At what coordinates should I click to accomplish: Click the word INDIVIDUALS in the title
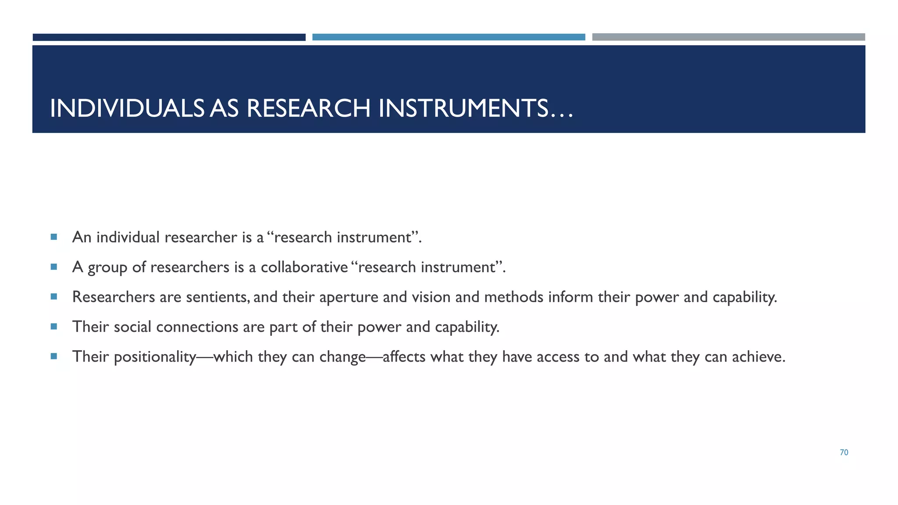pyautogui.click(x=127, y=108)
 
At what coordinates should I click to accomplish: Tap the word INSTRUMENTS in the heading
pyautogui.click(x=463, y=108)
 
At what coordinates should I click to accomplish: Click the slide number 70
pyautogui.click(x=844, y=452)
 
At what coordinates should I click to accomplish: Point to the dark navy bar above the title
pyautogui.click(x=169, y=37)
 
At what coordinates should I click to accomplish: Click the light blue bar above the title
pyautogui.click(x=449, y=37)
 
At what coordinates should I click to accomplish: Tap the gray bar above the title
pyautogui.click(x=728, y=37)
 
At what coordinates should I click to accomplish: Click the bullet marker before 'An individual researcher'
pyautogui.click(x=54, y=237)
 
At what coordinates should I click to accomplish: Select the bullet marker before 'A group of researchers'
pyautogui.click(x=54, y=267)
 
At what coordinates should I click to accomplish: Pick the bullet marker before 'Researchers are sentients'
pyautogui.click(x=54, y=297)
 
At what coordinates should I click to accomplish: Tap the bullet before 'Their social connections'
pyautogui.click(x=54, y=327)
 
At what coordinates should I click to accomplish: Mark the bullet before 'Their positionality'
pyautogui.click(x=54, y=356)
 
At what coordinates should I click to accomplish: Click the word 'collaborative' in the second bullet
pyautogui.click(x=304, y=267)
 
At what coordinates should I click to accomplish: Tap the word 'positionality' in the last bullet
pyautogui.click(x=154, y=357)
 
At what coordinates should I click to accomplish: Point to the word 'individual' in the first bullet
pyautogui.click(x=128, y=237)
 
